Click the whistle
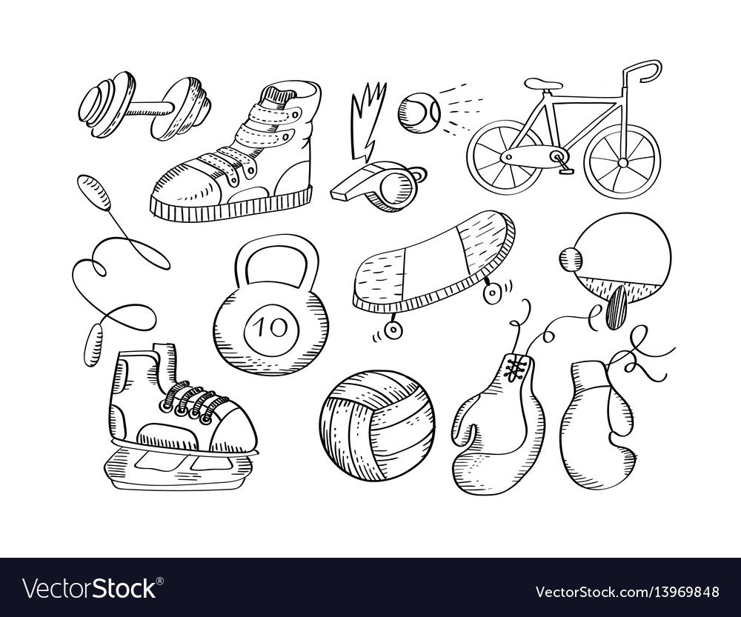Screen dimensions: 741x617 (378, 186)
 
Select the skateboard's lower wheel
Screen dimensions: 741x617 (392, 330)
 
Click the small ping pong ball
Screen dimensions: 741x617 (571, 260)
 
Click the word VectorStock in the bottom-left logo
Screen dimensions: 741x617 (90, 589)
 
